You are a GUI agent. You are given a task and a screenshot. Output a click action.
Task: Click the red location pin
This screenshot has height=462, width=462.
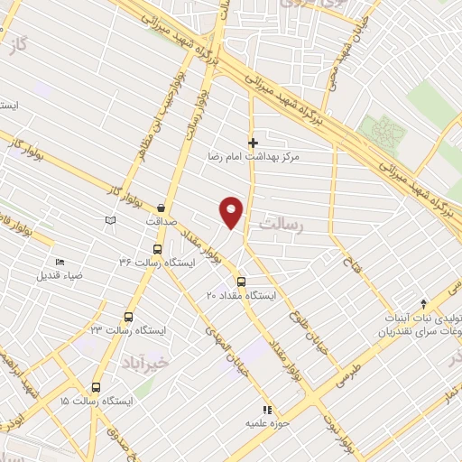pyautogui.click(x=232, y=211)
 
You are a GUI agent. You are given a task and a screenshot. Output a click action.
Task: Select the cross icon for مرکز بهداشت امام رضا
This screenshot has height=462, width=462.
pyautogui.click(x=254, y=142)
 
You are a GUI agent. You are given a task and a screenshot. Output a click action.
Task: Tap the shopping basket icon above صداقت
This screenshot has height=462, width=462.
pyautogui.click(x=161, y=207)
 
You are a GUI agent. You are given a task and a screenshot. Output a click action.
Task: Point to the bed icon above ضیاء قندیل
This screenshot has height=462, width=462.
pyautogui.click(x=60, y=263)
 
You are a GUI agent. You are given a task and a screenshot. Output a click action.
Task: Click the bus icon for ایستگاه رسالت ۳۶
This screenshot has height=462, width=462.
pyautogui.click(x=157, y=248)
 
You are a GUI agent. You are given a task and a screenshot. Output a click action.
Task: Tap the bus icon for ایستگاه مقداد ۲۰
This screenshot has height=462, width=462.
pyautogui.click(x=239, y=282)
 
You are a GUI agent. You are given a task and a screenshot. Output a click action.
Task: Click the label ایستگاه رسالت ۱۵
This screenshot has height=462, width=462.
pyautogui.click(x=96, y=400)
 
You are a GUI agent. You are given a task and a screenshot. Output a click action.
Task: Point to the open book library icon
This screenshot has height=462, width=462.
pyautogui.click(x=110, y=220)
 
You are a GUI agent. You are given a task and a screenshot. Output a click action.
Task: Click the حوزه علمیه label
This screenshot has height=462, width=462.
pyautogui.click(x=266, y=421)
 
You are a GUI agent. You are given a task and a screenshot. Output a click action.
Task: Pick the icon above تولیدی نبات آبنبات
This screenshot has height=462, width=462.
pyautogui.click(x=423, y=303)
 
